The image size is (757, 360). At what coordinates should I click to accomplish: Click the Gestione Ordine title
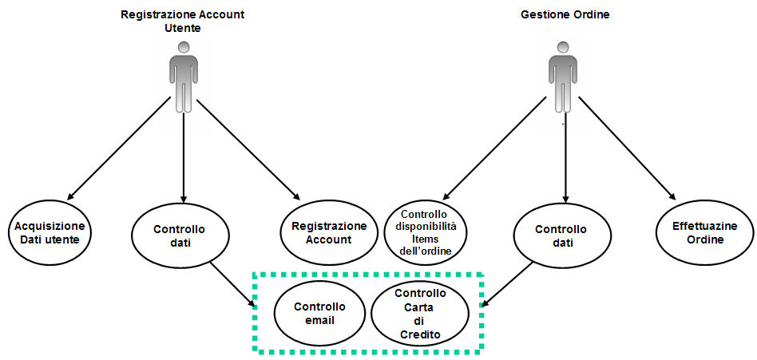[565, 14]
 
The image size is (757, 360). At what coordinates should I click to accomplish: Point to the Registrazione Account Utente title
[183, 21]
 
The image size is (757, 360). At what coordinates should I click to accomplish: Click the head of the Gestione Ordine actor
[562, 48]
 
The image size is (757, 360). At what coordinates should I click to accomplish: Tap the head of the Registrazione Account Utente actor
[183, 48]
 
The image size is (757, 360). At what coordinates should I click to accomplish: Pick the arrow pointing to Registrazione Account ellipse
[248, 149]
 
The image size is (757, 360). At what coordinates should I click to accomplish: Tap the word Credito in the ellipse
[419, 334]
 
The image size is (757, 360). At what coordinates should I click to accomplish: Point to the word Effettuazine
[706, 226]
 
